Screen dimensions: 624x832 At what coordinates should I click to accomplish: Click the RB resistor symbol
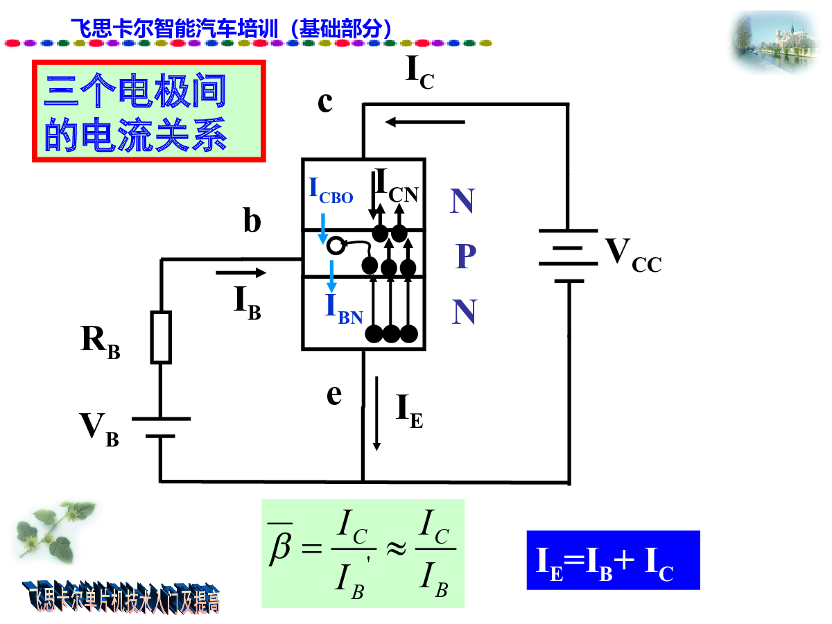coord(161,337)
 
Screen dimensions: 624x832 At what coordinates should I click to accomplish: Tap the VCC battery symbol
coord(569,255)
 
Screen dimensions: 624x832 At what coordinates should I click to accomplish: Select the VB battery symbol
coord(161,427)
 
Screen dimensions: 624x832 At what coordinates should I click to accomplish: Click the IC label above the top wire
coord(419,73)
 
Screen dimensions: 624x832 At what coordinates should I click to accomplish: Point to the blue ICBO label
coord(331,191)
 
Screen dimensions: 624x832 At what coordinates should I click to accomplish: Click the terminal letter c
coord(325,102)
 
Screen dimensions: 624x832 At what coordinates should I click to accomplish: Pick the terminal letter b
coord(252,221)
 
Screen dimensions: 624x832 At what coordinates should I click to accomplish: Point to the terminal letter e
coord(334,395)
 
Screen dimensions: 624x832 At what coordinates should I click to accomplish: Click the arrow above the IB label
coord(241,272)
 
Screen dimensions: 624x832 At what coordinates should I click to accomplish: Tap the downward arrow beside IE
coord(377,413)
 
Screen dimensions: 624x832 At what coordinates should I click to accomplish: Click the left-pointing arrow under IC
coord(425,122)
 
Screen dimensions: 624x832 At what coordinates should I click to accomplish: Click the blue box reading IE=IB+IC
coord(613,560)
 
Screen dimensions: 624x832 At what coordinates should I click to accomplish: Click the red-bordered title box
coord(149,111)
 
